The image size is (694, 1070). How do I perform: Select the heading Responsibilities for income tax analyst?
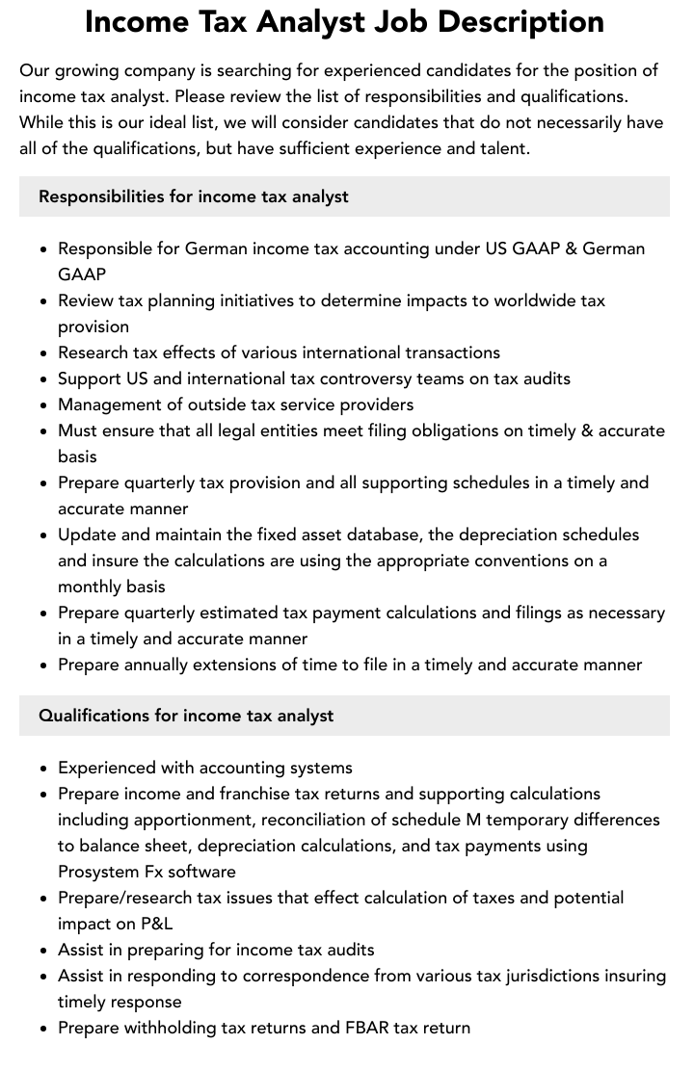click(x=194, y=196)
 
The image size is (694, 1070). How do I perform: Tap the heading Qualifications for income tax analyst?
click(x=186, y=716)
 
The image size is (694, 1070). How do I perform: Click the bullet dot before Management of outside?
click(x=44, y=405)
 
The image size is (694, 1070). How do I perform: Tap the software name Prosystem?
click(x=101, y=872)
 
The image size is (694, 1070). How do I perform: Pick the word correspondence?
click(x=295, y=976)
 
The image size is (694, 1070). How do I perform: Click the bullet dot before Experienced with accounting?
click(x=44, y=769)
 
